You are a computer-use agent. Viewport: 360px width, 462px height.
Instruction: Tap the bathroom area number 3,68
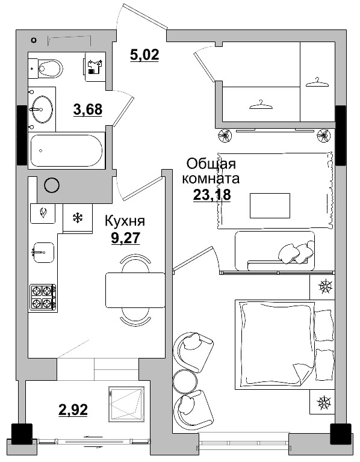tap(87, 109)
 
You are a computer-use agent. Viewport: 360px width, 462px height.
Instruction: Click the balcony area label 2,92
tap(73, 410)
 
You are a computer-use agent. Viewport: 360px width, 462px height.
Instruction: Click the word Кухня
tap(125, 221)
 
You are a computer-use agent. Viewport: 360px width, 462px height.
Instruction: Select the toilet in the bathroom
tap(48, 69)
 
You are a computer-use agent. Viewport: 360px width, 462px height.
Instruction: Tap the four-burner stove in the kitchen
tap(43, 297)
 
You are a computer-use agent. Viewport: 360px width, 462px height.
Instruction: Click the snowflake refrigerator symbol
tap(77, 217)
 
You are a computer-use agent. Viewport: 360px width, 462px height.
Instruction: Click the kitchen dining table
tap(135, 289)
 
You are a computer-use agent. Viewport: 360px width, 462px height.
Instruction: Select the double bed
tap(277, 343)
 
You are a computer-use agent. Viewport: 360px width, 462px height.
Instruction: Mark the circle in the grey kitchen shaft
tap(52, 185)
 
